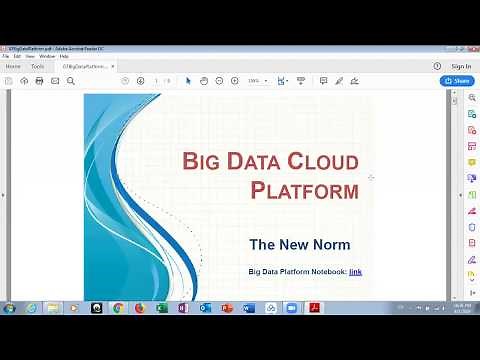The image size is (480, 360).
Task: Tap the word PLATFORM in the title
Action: pos(304,190)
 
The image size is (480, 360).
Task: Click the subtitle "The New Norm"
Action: pos(299,244)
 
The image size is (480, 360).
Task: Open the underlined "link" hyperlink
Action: pos(355,271)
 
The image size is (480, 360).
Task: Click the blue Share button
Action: pos(457,81)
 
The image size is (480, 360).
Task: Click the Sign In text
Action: pos(461,66)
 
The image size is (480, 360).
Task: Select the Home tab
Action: pos(13,66)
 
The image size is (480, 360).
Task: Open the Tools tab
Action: pos(37,66)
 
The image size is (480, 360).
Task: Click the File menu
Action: pos(5,56)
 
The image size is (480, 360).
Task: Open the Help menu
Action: pos(64,56)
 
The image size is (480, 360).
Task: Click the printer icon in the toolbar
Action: pos(39,81)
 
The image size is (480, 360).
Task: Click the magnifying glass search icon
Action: pos(71,81)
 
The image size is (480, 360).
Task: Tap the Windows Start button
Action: pos(9,308)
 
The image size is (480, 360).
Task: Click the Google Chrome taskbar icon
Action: pos(118,308)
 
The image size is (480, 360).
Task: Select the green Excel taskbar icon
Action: pos(161,308)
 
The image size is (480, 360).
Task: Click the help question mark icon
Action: pos(438,66)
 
